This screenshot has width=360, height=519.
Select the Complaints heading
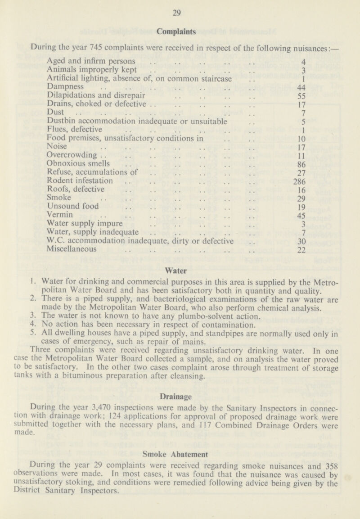click(180, 32)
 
